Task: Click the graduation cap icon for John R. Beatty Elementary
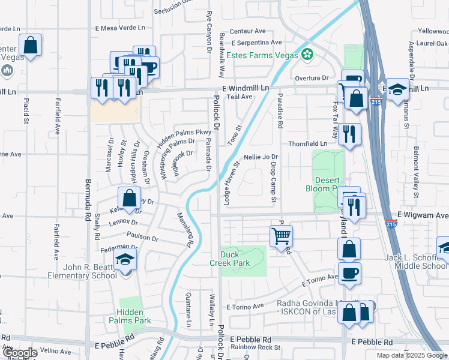(125, 259)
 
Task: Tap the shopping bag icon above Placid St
(30, 45)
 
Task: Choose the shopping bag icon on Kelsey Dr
(129, 197)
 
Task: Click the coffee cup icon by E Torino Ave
(349, 273)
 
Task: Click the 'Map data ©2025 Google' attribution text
(411, 355)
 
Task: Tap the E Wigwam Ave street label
(423, 215)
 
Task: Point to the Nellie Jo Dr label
(261, 157)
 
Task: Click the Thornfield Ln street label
(308, 144)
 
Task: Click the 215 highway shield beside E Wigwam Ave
(390, 224)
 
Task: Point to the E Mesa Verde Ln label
(120, 28)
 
